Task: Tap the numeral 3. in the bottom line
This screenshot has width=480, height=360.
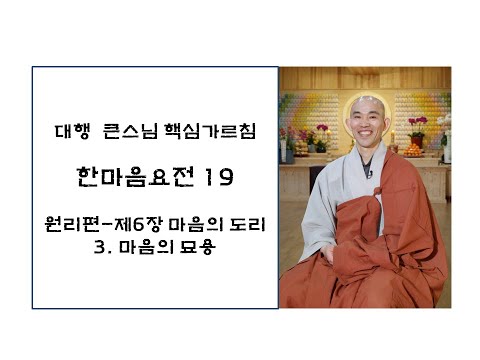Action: point(96,247)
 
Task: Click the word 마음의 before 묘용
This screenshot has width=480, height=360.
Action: point(144,247)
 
